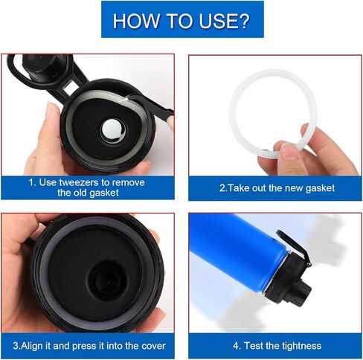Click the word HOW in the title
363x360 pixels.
point(133,21)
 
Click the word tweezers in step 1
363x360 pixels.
point(83,182)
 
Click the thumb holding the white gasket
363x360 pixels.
point(289,154)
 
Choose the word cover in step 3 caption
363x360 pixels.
point(150,346)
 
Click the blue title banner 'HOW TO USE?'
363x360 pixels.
point(181,21)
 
